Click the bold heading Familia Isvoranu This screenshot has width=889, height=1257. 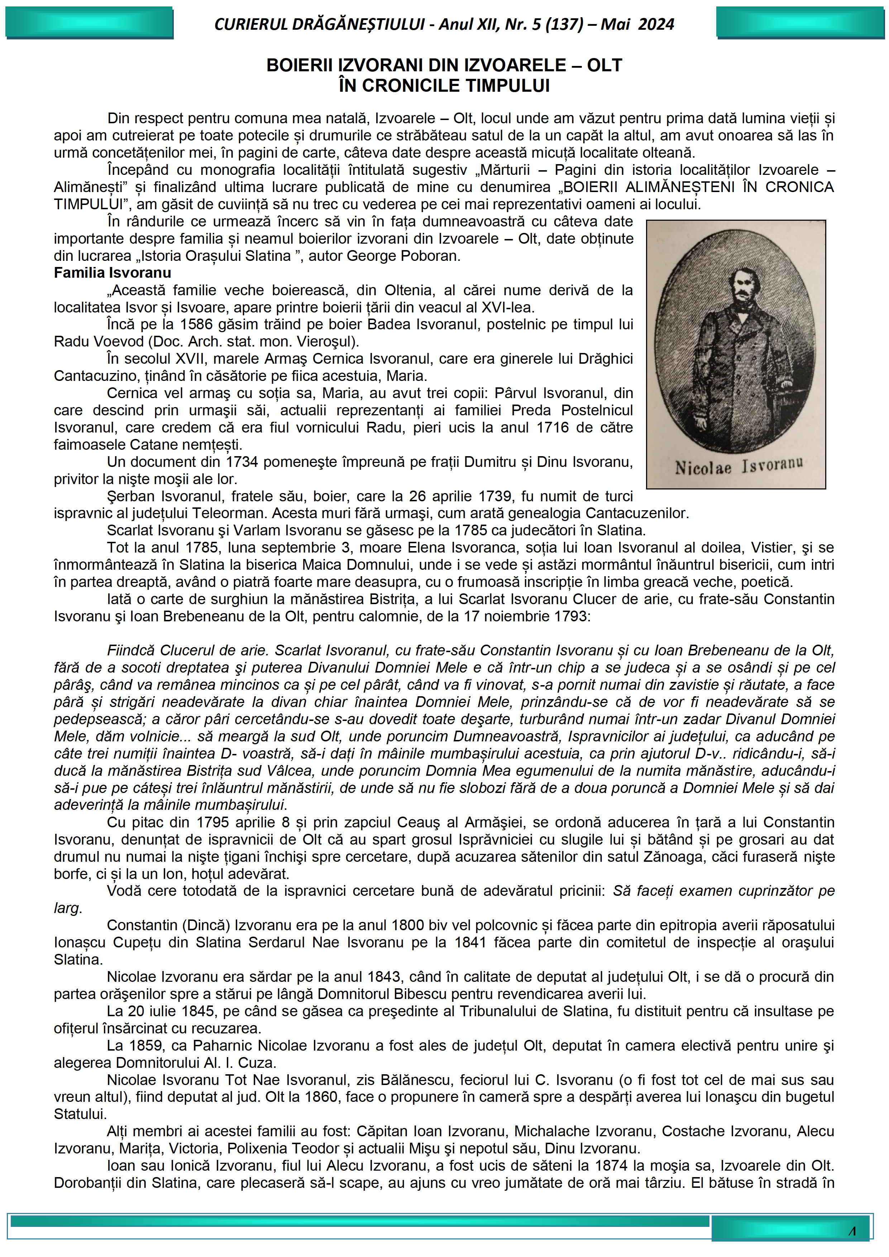(112, 273)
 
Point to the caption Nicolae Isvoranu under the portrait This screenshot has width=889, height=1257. (739, 467)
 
